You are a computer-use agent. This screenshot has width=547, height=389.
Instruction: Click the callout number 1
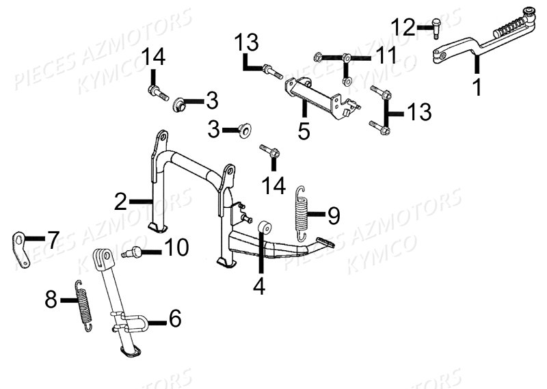[477, 87]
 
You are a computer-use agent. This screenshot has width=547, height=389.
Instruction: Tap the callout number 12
[403, 28]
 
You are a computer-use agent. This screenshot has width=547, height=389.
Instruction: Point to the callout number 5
[304, 129]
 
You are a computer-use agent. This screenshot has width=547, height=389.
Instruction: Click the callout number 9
[332, 215]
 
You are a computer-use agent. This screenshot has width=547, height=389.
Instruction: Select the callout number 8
[51, 299]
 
